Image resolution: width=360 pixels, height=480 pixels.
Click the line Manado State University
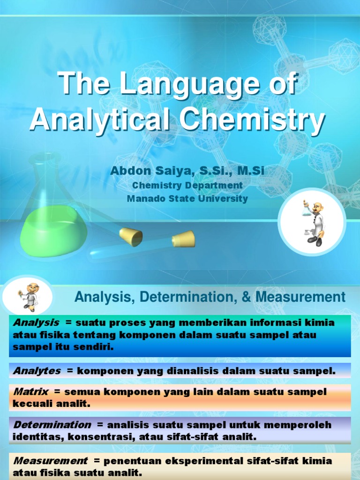point(187,198)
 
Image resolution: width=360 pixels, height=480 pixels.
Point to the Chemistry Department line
point(187,185)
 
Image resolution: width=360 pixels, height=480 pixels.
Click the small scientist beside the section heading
point(29,297)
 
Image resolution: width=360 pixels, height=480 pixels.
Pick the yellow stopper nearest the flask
point(131,237)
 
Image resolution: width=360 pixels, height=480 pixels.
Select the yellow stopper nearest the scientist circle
point(183,239)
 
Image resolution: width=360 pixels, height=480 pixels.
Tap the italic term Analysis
point(36,322)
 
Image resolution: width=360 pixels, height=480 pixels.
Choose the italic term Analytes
point(37,371)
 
